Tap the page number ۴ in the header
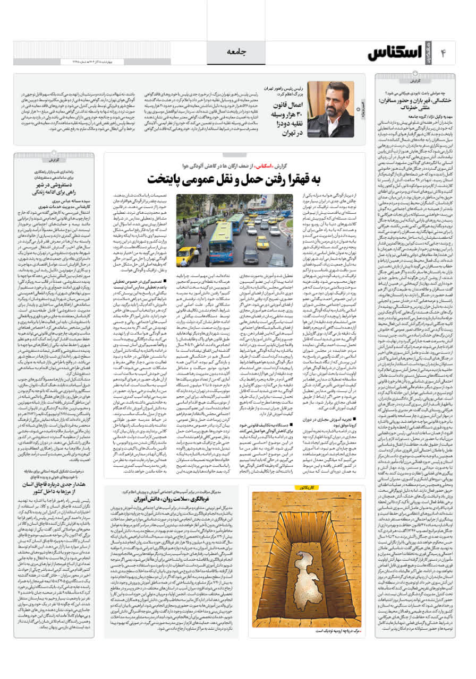click(445, 53)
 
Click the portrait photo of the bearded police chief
click(330, 109)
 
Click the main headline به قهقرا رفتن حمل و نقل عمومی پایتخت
click(234, 179)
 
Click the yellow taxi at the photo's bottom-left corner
click(185, 256)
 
